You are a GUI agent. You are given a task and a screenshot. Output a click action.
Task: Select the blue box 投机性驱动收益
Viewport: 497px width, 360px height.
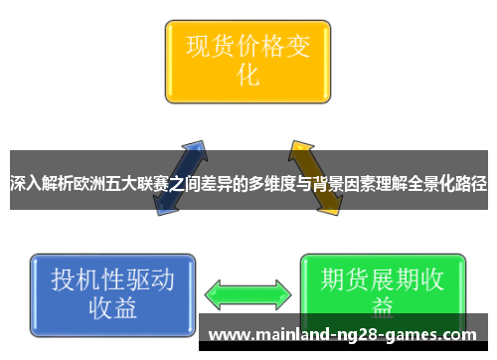112,293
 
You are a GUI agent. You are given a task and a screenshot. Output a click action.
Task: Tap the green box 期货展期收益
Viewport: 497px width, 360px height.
382,288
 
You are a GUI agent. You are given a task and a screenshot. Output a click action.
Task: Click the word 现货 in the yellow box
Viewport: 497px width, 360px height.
203,46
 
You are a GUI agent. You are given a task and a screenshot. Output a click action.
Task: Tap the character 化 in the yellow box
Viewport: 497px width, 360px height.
248,76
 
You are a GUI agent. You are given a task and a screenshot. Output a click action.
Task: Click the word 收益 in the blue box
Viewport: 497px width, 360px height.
112,308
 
